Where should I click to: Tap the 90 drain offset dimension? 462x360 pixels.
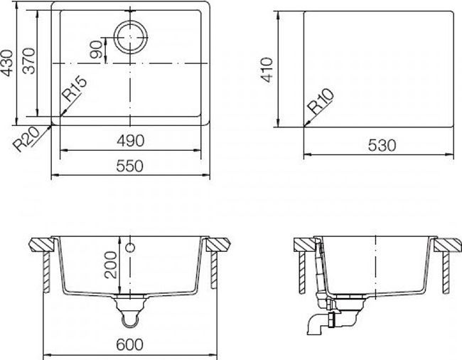[95, 50]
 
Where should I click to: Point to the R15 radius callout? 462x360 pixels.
[75, 92]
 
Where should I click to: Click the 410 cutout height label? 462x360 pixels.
[268, 70]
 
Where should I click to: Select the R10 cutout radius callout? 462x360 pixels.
[318, 106]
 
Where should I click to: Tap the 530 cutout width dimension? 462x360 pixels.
[382, 145]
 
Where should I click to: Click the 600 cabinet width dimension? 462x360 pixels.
[129, 344]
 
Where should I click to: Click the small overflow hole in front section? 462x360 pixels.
[130, 248]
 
